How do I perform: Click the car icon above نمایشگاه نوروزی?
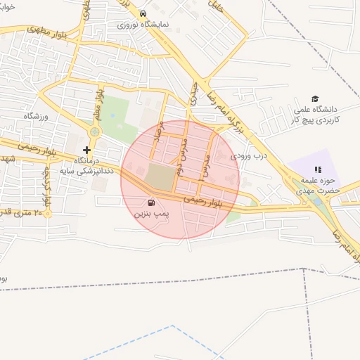(143, 13)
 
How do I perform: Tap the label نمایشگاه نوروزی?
(143, 24)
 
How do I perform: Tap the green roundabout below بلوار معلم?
(94, 132)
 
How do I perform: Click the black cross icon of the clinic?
(86, 150)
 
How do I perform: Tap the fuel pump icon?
(152, 202)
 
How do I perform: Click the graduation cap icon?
(315, 99)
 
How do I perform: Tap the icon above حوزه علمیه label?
(317, 169)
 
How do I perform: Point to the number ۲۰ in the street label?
(47, 212)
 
